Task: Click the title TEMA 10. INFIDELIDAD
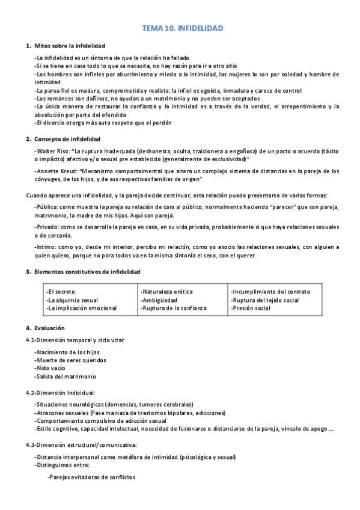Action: [x=182, y=28]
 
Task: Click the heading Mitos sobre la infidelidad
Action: [x=70, y=46]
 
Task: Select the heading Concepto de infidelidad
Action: [x=67, y=139]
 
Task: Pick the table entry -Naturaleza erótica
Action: [x=166, y=292]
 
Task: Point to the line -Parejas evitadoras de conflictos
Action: [x=91, y=477]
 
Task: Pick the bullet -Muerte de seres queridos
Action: [x=70, y=360]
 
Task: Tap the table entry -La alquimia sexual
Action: [x=72, y=300]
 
